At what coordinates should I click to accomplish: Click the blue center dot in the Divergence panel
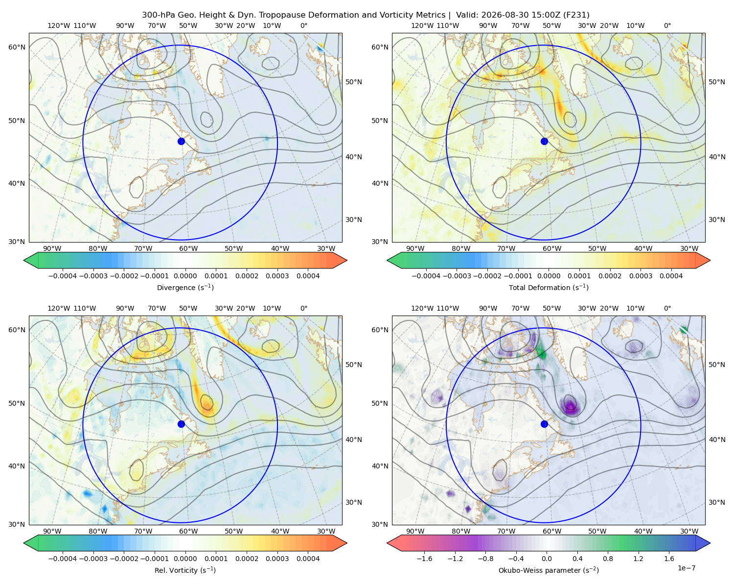tap(181, 142)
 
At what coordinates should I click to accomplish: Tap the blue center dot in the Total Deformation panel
tap(544, 142)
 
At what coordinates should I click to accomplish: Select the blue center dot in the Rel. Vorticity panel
tap(181, 424)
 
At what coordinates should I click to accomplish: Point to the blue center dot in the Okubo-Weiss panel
tap(544, 424)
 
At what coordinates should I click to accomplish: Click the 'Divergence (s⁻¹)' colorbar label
tap(185, 287)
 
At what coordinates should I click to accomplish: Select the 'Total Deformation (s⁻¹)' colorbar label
tap(549, 287)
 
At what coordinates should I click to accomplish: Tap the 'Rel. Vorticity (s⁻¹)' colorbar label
tap(185, 570)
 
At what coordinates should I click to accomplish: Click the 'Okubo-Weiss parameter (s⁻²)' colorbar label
tap(549, 570)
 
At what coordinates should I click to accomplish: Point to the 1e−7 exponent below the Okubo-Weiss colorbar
tap(686, 568)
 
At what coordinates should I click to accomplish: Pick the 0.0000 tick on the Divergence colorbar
tap(185, 276)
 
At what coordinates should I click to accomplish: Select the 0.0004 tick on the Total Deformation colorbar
tap(671, 276)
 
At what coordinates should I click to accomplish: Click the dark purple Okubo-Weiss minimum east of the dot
tap(570, 407)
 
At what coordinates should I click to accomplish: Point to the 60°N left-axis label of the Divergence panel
tap(17, 47)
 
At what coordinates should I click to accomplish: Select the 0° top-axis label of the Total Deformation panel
tap(667, 25)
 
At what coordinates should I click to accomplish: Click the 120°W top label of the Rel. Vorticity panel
tap(59, 308)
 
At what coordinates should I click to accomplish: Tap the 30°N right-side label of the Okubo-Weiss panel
tap(717, 502)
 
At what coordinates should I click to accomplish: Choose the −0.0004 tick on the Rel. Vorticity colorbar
tap(63, 559)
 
